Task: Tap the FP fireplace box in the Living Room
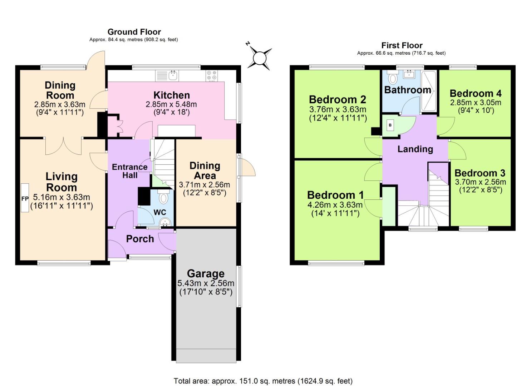click(x=25, y=198)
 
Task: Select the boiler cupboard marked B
click(x=390, y=125)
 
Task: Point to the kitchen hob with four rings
click(x=211, y=76)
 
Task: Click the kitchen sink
click(x=173, y=75)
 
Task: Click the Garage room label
click(x=206, y=274)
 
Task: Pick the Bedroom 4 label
click(x=475, y=94)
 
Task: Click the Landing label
click(x=415, y=149)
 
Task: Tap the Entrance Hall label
click(x=129, y=171)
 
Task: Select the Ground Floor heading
click(x=134, y=32)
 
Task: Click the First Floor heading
click(x=402, y=45)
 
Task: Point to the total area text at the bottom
click(x=263, y=381)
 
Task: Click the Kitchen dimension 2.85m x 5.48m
click(x=171, y=105)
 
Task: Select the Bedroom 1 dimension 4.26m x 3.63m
click(x=335, y=205)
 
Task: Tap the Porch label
click(x=140, y=239)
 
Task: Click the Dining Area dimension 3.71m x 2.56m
click(x=204, y=185)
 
